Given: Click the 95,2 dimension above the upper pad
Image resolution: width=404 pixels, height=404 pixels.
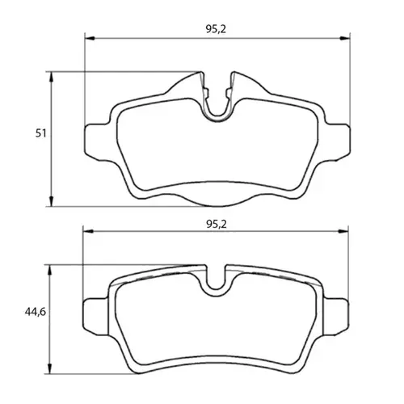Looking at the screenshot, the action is click(216, 29).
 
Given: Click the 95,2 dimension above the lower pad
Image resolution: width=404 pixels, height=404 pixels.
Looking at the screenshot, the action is click(217, 224).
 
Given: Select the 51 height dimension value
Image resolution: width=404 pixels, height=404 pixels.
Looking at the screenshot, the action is click(41, 133).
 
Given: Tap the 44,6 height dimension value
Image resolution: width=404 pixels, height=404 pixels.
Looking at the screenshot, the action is click(36, 312).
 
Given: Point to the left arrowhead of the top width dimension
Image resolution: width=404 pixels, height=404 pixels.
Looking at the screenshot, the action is click(90, 38).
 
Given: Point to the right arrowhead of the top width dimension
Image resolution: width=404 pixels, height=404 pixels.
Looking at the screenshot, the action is click(345, 38).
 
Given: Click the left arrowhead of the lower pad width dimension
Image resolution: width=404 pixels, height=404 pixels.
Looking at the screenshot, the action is click(88, 231).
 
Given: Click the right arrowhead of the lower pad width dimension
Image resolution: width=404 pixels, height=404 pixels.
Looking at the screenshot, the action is click(343, 231).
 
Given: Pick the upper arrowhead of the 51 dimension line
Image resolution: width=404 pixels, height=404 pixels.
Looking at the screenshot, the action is click(52, 77).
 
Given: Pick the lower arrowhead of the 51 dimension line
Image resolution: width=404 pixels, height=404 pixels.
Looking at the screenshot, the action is click(52, 201).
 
